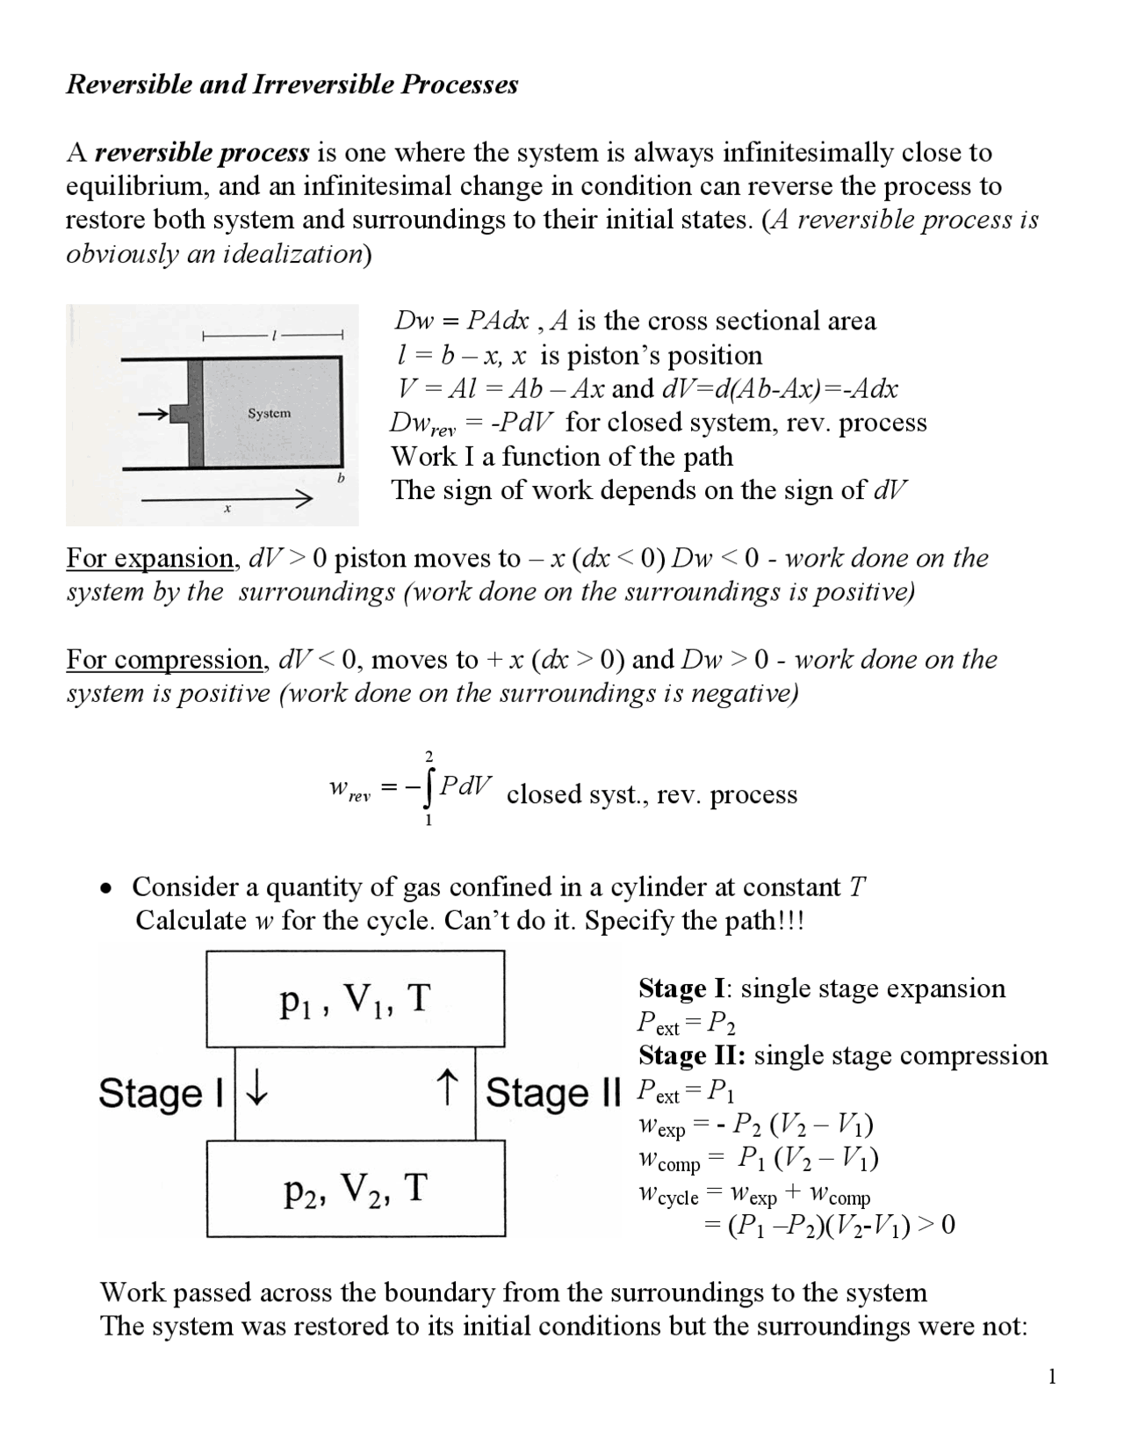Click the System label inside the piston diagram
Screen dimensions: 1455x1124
point(269,413)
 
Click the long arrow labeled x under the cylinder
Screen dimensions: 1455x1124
point(227,500)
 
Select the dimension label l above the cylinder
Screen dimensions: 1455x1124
point(274,335)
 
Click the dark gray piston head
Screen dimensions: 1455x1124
point(195,413)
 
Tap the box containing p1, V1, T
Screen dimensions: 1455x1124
point(355,999)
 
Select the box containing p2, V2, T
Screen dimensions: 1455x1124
point(355,1188)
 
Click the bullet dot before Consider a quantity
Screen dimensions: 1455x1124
point(105,888)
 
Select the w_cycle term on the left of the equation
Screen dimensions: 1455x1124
point(667,1195)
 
